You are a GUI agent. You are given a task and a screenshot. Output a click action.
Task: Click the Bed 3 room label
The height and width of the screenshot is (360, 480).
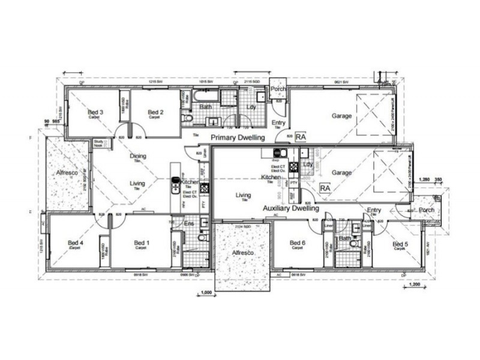(x=95, y=112)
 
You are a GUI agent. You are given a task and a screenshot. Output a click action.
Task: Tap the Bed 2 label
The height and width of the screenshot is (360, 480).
(x=155, y=112)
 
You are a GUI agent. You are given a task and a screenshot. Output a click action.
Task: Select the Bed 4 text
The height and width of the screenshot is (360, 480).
(x=76, y=243)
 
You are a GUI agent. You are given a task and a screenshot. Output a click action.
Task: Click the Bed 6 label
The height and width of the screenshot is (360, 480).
(x=298, y=243)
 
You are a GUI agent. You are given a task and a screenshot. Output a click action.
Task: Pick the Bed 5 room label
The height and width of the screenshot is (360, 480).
(x=400, y=244)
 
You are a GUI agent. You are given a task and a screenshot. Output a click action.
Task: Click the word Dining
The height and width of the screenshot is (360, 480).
(x=138, y=157)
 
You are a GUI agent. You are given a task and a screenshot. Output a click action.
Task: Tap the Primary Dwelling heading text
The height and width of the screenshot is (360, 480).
(x=238, y=138)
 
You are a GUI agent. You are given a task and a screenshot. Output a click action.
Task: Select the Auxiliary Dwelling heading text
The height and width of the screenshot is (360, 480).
(x=291, y=209)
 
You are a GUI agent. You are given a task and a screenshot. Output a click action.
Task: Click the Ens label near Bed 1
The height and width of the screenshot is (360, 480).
(x=188, y=223)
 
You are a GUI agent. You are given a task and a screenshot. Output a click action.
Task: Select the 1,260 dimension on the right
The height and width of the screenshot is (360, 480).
(x=424, y=179)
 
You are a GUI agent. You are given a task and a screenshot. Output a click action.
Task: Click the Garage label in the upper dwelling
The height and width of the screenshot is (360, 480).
(x=341, y=116)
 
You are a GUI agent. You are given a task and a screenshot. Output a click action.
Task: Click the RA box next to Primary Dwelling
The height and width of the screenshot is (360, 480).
(x=301, y=137)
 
